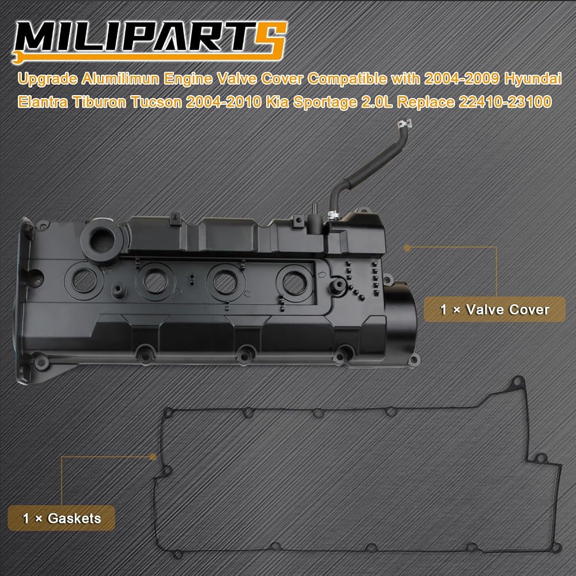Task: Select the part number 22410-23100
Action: pos(505,102)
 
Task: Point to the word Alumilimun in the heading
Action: pos(120,79)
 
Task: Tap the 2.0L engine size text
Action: pos(377,102)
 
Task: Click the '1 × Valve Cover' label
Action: pos(494,310)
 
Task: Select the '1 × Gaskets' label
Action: pos(62,518)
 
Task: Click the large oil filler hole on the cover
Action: pos(102,241)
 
